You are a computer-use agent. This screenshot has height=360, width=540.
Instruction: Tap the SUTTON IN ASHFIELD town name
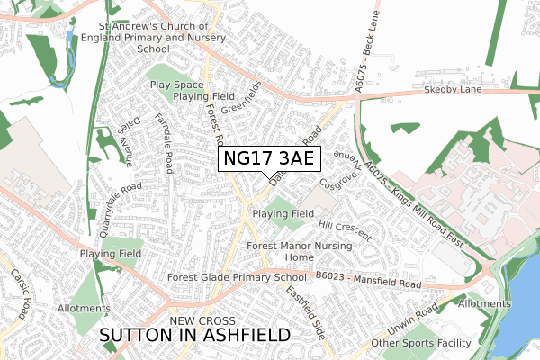tap(195, 335)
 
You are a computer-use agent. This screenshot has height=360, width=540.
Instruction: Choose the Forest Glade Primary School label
tap(224, 278)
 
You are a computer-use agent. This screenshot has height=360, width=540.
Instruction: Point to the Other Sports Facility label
tap(421, 343)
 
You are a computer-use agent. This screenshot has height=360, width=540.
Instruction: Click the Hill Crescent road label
tap(343, 229)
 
